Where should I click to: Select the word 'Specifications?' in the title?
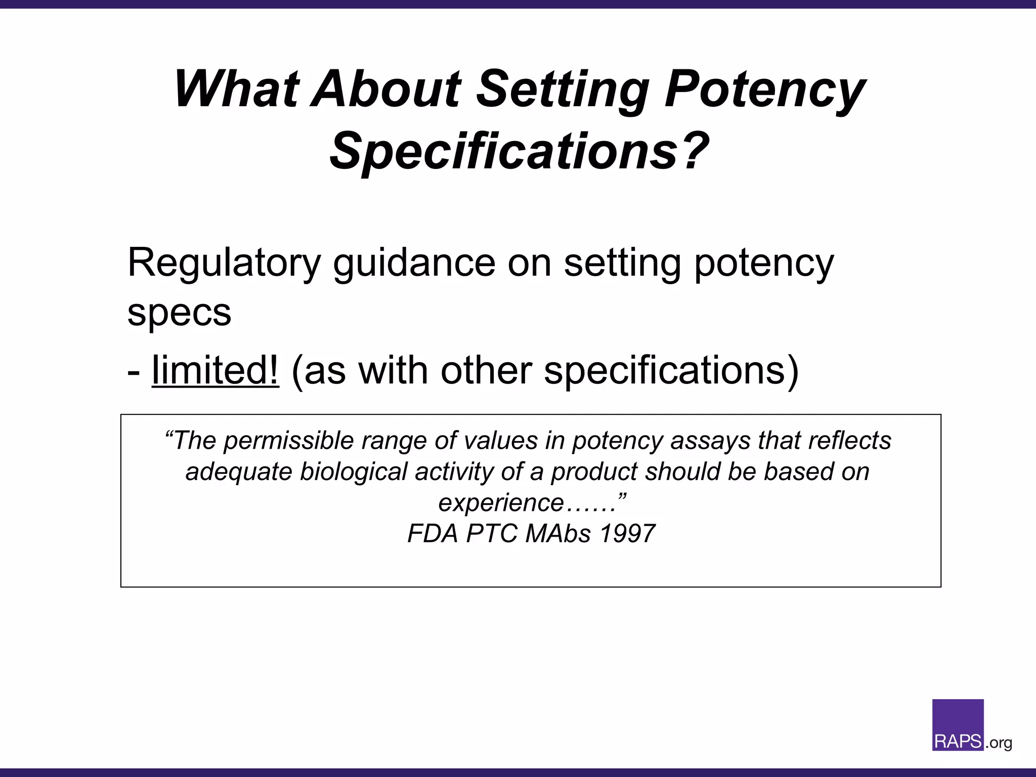pyautogui.click(x=520, y=151)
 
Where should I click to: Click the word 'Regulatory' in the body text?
pyautogui.click(x=224, y=263)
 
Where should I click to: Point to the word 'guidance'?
pyautogui.click(x=414, y=263)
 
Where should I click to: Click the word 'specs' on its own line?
pyautogui.click(x=179, y=313)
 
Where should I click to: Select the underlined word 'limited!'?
pyautogui.click(x=215, y=370)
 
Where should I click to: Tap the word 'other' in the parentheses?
pyautogui.click(x=486, y=370)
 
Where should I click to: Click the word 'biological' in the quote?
pyautogui.click(x=354, y=471)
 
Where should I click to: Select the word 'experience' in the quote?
pyautogui.click(x=501, y=503)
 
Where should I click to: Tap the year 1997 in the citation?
pyautogui.click(x=627, y=534)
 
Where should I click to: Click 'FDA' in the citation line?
pyautogui.click(x=433, y=534)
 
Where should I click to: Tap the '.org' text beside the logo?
pyautogui.click(x=999, y=743)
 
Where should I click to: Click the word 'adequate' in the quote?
pyautogui.click(x=239, y=471)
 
